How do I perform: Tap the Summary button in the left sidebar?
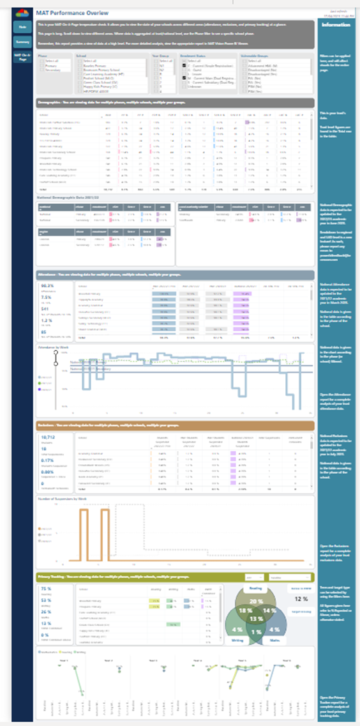click(x=22, y=42)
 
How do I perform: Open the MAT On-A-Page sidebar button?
click(x=22, y=57)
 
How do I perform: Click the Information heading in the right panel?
click(x=336, y=25)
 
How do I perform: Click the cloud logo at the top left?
click(x=22, y=12)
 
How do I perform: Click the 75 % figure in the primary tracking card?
click(x=46, y=588)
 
